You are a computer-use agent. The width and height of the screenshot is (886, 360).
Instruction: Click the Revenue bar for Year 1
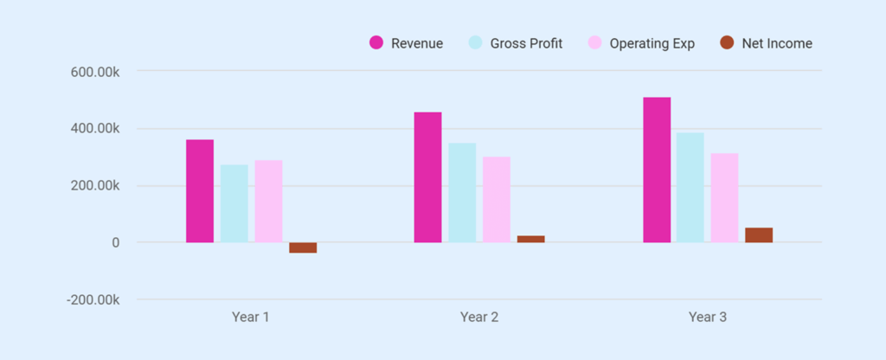(x=200, y=191)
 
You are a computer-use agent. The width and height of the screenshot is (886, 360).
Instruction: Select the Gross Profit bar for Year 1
(x=234, y=203)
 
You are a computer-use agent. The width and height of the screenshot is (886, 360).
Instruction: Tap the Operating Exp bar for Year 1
(x=268, y=202)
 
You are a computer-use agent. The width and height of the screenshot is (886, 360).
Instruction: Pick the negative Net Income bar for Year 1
(x=303, y=247)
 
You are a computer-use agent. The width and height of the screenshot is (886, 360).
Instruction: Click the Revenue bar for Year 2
(x=427, y=177)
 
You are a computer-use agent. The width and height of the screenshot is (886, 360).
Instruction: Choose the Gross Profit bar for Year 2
(x=462, y=193)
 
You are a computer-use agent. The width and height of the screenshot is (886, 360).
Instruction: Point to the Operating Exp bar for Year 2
(x=497, y=200)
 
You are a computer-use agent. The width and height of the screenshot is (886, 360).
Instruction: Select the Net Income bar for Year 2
(x=530, y=239)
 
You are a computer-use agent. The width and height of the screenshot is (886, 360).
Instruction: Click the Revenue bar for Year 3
(x=657, y=170)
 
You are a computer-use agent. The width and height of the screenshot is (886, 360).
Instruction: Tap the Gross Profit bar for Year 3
(x=690, y=188)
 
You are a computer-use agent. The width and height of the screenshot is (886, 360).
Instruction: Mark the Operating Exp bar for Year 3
(x=724, y=198)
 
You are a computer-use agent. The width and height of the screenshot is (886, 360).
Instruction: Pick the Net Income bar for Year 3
(x=759, y=235)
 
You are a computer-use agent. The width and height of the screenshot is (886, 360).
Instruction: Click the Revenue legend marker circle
(x=376, y=43)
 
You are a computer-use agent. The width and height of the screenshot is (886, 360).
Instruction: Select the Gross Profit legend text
(x=526, y=43)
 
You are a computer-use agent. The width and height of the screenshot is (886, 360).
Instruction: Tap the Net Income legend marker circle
(x=727, y=43)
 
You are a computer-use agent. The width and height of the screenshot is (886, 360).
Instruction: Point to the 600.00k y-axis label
(x=94, y=72)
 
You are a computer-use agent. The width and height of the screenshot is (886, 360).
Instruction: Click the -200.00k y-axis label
(x=93, y=300)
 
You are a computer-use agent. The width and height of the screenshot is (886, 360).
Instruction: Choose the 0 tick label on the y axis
(x=115, y=243)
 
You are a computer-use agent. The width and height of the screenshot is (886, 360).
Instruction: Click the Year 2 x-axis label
(x=478, y=318)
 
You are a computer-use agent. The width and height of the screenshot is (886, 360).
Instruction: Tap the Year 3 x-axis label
(x=707, y=318)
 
